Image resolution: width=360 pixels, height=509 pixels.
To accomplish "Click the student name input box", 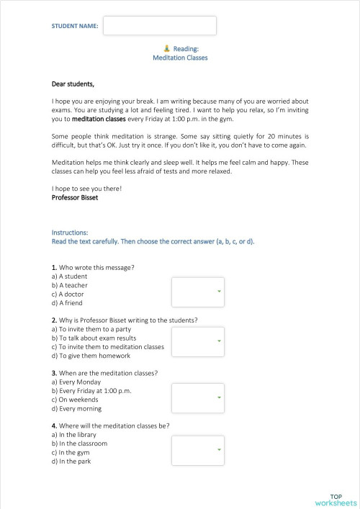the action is pyautogui.click(x=159, y=25).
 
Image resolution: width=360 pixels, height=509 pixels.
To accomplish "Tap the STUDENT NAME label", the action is pyautogui.click(x=75, y=26).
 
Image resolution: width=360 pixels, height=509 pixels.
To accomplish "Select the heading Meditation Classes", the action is pyautogui.click(x=180, y=58).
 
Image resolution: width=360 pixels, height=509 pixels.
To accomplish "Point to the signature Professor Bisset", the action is pyautogui.click(x=75, y=197).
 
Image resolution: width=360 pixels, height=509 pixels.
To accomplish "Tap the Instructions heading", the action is pyautogui.click(x=70, y=233).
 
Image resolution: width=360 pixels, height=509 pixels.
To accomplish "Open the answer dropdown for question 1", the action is pyautogui.click(x=197, y=292).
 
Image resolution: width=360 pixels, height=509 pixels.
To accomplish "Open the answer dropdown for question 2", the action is pyautogui.click(x=197, y=341).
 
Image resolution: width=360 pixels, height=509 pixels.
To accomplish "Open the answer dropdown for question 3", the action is pyautogui.click(x=197, y=397).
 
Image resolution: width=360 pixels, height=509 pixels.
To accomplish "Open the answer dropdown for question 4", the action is pyautogui.click(x=197, y=450).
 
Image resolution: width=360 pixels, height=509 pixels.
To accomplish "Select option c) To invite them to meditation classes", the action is pyautogui.click(x=108, y=346).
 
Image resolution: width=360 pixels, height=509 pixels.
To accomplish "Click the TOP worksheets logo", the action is pyautogui.click(x=336, y=500).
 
